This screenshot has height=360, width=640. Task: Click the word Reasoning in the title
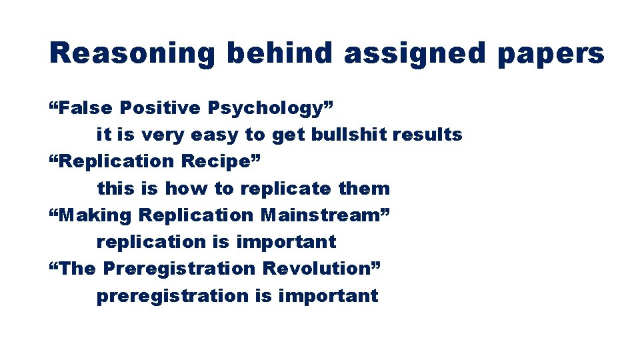coord(132,53)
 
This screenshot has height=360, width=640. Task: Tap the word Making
coord(96,215)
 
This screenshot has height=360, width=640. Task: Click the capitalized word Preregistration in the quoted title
coord(179,268)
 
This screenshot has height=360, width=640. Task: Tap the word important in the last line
coord(328,295)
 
